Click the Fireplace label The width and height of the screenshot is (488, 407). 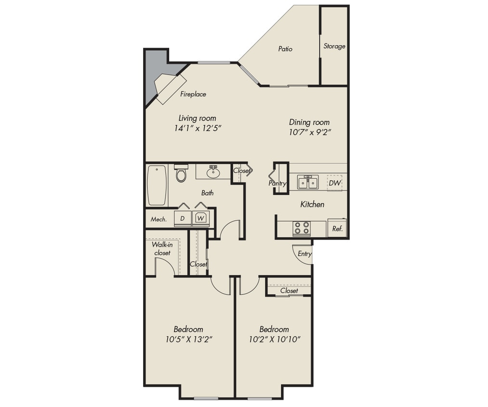pos(193,95)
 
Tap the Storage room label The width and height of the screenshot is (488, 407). pos(334,46)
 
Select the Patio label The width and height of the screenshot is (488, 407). pos(285,49)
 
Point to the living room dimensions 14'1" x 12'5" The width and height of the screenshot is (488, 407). pos(198,128)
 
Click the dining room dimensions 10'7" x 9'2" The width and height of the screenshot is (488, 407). pos(309,132)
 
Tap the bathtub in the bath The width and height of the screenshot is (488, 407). pos(157,185)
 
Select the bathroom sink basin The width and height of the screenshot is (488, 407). pos(213,172)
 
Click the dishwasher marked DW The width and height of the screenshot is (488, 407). pos(334,183)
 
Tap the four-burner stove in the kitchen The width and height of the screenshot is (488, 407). pos(302,228)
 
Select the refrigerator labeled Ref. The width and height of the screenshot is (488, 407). pos(337,229)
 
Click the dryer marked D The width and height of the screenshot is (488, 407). pos(183,218)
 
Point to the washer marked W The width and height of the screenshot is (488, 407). pos(200,218)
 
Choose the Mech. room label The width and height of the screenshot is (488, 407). pos(158,219)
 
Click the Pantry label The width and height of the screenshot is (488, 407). pos(277,183)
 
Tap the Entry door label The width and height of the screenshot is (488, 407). pos(304,254)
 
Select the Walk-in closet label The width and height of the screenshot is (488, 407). pos(162,249)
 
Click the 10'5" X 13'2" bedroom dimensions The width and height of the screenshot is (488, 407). pos(188,339)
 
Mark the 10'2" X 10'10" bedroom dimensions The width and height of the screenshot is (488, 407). pos(274,339)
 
